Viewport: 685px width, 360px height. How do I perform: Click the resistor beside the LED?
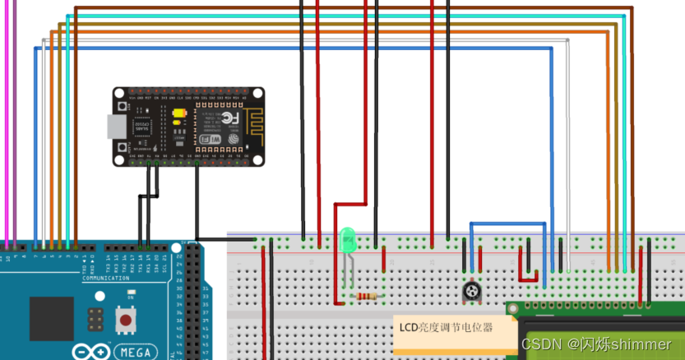pos(364,296)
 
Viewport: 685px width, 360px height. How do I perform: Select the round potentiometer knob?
pos(471,292)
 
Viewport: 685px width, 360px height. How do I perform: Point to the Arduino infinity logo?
pos(92,351)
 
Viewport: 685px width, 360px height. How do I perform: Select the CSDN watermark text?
pos(596,344)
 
